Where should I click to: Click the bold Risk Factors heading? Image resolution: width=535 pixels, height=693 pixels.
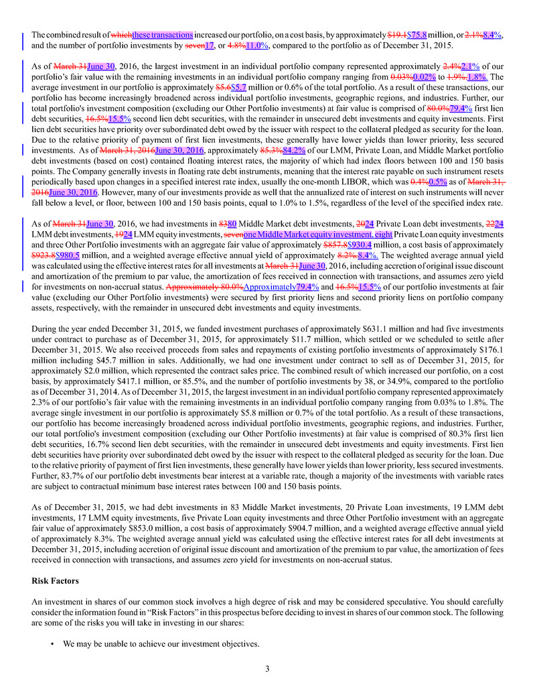click(x=56, y=581)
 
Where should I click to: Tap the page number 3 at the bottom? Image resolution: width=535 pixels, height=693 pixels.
click(x=267, y=668)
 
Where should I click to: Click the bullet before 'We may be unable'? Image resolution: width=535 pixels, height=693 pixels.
click(x=52, y=644)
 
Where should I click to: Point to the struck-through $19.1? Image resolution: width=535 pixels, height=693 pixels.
click(x=397, y=34)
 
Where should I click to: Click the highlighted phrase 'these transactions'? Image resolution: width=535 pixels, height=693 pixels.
click(x=163, y=34)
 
